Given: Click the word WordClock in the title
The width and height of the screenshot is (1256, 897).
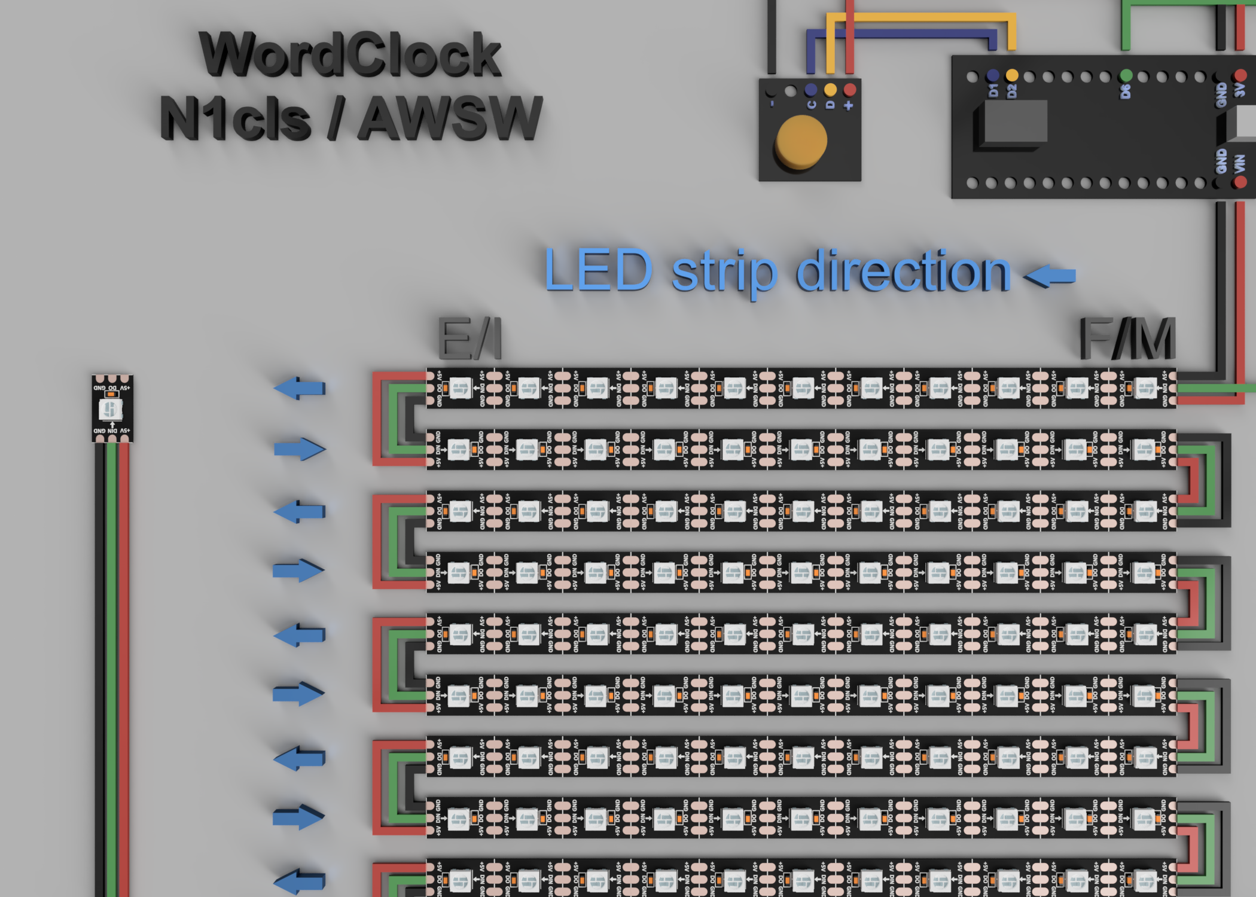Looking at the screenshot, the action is tap(350, 55).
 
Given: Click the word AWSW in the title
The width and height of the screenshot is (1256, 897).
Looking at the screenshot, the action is tap(450, 118).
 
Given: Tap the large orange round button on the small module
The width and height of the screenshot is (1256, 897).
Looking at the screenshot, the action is tap(801, 141).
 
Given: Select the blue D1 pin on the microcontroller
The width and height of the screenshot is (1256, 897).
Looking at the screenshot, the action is tap(993, 75).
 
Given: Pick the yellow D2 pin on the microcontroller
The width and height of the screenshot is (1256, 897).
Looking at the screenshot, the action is tap(1012, 75).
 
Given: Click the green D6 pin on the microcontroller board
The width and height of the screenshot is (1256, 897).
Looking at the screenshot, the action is tap(1126, 75).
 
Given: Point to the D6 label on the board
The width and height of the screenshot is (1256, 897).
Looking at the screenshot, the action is tap(1126, 91).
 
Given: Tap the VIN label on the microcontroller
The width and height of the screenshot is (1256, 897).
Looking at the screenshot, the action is tap(1239, 163).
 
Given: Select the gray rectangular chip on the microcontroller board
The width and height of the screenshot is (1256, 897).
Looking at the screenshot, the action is tap(1014, 121).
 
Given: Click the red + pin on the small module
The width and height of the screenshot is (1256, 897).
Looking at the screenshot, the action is tap(849, 90).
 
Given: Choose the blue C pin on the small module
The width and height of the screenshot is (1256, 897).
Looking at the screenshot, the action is tap(811, 90).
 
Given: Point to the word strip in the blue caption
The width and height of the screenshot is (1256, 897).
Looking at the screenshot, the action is tap(724, 272).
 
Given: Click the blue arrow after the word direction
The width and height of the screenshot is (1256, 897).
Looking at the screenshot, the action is tap(1050, 276).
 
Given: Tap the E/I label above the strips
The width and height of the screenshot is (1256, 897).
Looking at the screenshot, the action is tap(470, 338).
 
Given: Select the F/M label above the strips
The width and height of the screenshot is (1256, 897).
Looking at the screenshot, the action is tap(1127, 338).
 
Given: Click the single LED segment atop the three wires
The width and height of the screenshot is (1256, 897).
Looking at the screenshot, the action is tap(112, 409).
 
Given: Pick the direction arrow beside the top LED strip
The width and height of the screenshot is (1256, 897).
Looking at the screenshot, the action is tap(300, 388).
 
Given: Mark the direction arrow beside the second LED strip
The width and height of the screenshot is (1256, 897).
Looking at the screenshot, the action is tap(300, 448).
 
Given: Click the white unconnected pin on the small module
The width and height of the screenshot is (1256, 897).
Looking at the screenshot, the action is tap(791, 91).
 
